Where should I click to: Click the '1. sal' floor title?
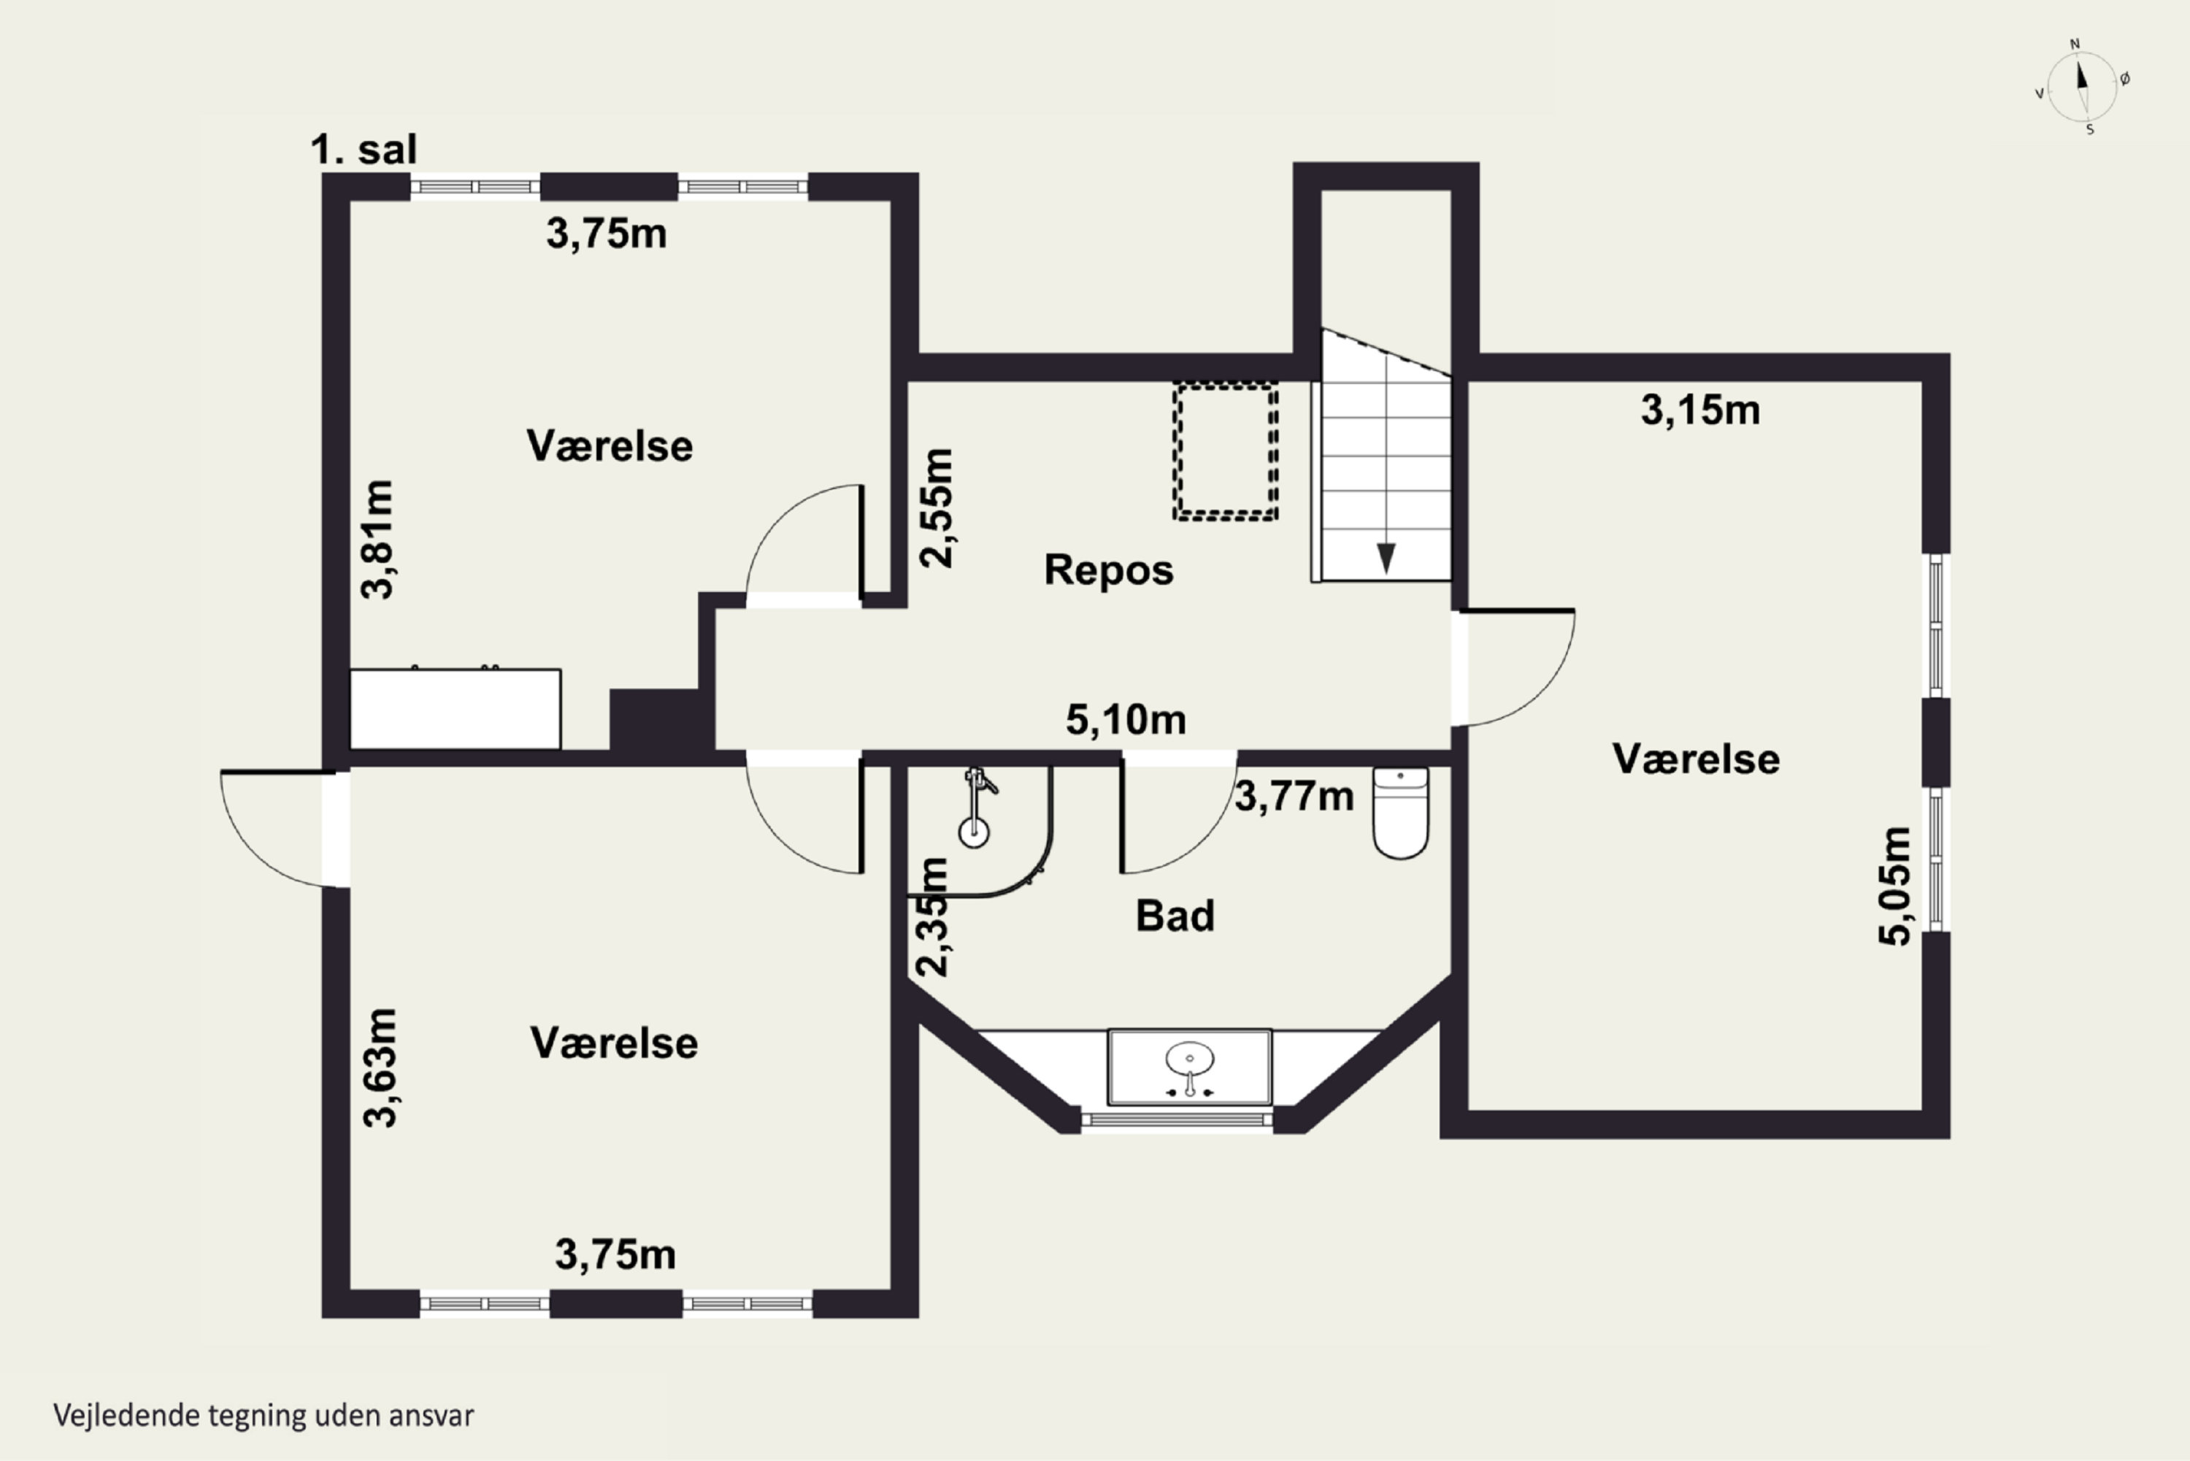(364, 150)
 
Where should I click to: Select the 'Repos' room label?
(1109, 570)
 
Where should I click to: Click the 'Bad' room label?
(1175, 916)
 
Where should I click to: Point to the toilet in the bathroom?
(1400, 812)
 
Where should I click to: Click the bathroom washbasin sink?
(1190, 1067)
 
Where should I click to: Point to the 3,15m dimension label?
(1700, 410)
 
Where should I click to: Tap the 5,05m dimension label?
(1894, 886)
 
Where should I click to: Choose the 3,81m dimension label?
(377, 540)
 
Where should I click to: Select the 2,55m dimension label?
(936, 508)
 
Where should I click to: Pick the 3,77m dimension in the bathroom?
(1294, 797)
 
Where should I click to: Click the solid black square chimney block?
(654, 719)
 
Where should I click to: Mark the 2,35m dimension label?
(932, 917)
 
